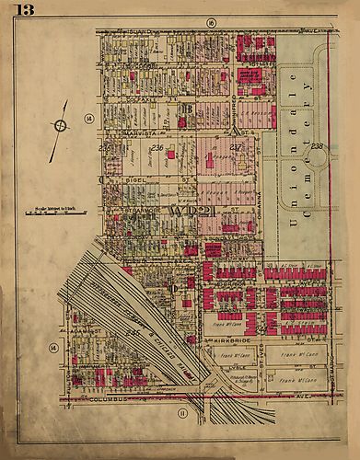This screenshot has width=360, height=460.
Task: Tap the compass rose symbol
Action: point(60,125)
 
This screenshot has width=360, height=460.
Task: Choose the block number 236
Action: point(157,147)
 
